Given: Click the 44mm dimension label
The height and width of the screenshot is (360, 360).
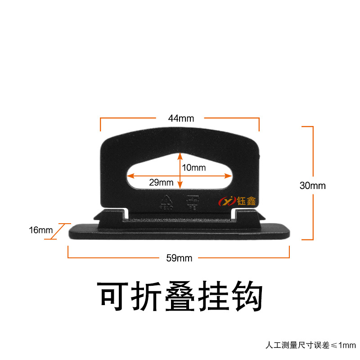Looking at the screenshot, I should click(180, 119).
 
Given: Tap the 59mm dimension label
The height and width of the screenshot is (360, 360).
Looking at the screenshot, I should click(179, 258).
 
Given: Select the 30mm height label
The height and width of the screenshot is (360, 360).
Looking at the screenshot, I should click(312, 185).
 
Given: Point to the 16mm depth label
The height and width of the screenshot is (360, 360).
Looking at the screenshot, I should click(40, 230).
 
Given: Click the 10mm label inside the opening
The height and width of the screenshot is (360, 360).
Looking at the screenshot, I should click(194, 168).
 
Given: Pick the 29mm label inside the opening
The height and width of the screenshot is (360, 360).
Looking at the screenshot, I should click(161, 182).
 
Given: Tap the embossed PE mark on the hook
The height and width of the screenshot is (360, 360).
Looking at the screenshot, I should click(192, 202).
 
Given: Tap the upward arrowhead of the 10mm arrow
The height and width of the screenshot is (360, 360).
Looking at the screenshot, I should click(180, 155).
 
